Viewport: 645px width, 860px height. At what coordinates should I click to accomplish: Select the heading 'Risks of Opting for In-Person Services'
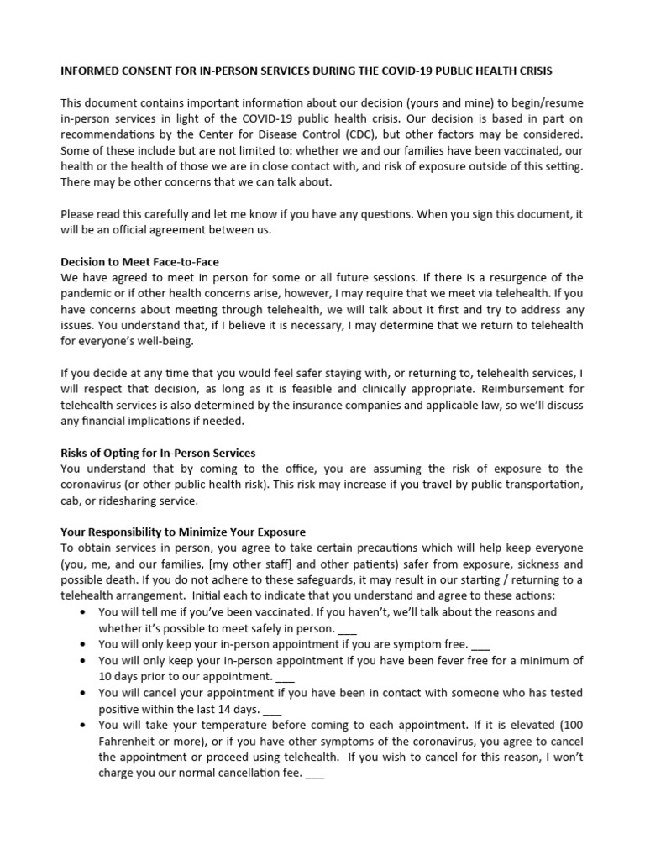(158, 454)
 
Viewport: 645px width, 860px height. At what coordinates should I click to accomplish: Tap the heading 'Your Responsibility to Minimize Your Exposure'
(183, 532)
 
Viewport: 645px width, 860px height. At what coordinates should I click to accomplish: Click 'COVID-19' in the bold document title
(380, 72)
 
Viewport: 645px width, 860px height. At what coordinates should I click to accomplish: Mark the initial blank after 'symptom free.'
(480, 645)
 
